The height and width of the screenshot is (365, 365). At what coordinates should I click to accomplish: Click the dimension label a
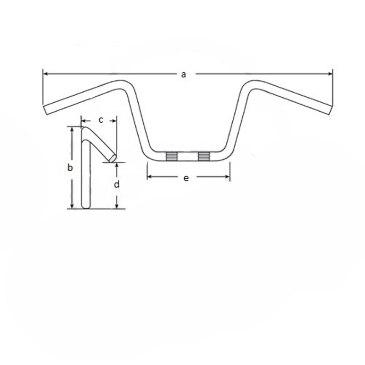point(183,74)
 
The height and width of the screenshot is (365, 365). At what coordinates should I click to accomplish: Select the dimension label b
point(70,167)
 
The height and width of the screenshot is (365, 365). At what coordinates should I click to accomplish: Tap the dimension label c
point(101,120)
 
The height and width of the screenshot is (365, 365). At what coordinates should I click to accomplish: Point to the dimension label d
point(117,184)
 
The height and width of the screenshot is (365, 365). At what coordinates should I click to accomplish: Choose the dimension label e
point(186,178)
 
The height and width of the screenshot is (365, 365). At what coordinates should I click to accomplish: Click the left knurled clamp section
point(172,156)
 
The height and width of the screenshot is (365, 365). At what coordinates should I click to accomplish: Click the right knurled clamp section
point(204,156)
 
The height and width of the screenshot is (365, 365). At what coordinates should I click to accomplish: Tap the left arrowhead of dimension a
point(46,74)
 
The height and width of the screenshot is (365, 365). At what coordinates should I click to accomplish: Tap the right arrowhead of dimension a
point(330,74)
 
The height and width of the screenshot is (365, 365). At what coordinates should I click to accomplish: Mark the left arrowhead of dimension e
point(150,177)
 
